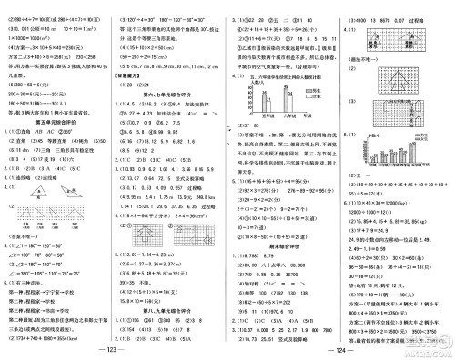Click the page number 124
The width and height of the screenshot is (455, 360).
point(339,351)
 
